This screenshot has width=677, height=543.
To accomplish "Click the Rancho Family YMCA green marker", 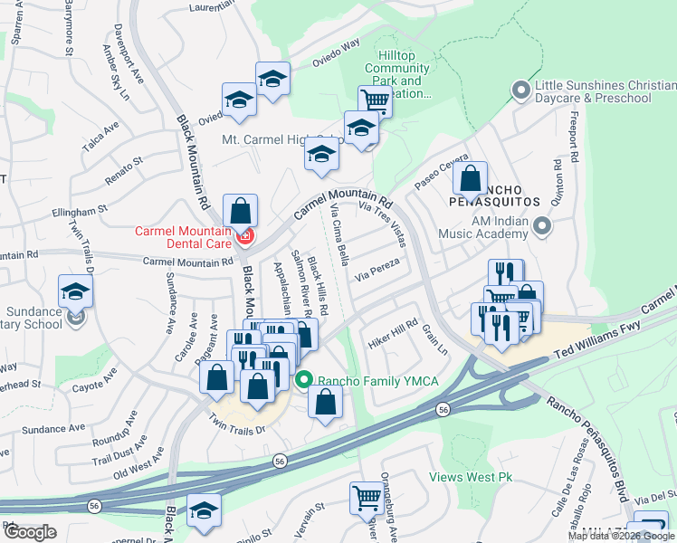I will coord(304,381).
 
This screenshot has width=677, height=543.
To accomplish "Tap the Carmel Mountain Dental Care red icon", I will coord(244,237).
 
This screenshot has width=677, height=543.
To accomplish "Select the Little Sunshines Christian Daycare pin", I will coord(520,90).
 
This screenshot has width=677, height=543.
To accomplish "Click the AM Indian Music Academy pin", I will coord(542,225).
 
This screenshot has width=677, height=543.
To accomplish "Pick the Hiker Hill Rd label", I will coord(392,332).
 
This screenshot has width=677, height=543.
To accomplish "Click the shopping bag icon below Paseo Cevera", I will coord(471,177).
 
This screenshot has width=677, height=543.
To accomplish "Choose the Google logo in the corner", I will coord(30,532).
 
